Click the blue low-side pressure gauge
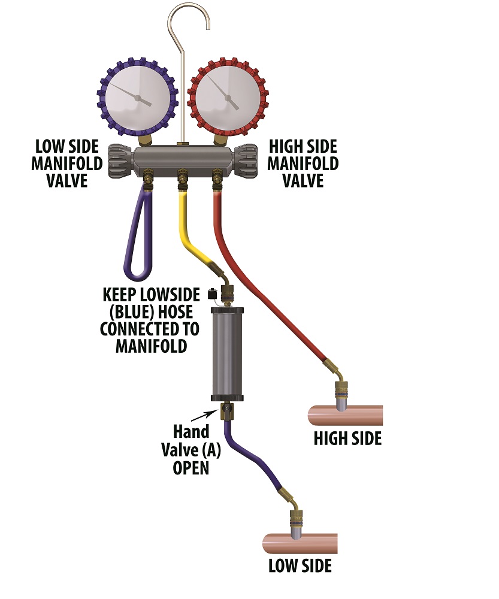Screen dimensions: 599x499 (x=138, y=98)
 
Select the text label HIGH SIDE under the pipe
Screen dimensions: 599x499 (x=347, y=438)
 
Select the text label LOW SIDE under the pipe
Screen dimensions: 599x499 (x=300, y=565)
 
